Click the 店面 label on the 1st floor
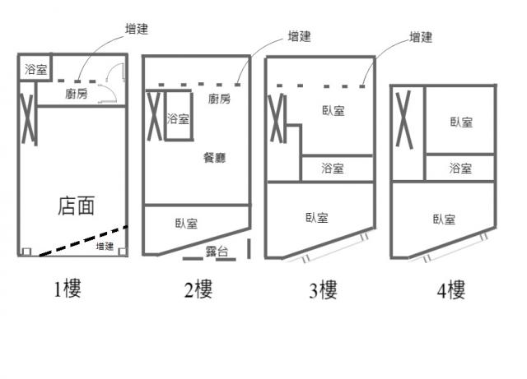point(76,206)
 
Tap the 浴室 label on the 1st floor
point(35,69)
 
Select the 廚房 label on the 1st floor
point(76,95)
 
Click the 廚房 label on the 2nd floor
point(219,99)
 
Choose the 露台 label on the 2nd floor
point(217,252)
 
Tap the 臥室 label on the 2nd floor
point(186,223)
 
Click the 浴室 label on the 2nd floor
point(177,119)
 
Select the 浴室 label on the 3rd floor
point(333,169)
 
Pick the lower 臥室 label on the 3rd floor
point(317,218)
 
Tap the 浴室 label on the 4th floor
point(460,169)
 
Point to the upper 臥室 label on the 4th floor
point(460,122)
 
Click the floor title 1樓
point(68,289)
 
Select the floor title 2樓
point(198,289)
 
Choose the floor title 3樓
point(322,289)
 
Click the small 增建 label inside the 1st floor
point(105,246)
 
